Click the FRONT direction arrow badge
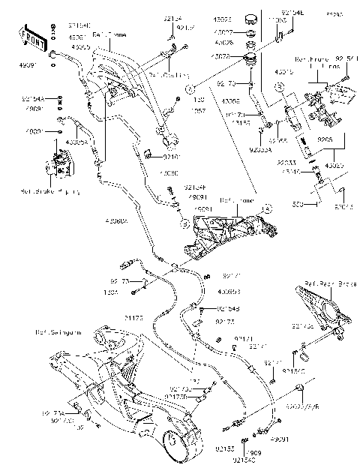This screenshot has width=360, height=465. pyautogui.click(x=28, y=35)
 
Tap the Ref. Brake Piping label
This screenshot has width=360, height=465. pyautogui.click(x=40, y=191)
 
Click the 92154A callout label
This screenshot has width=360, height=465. pyautogui.click(x=33, y=98)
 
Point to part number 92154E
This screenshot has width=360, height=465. pyautogui.click(x=292, y=13)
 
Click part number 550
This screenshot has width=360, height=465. pyautogui.click(x=318, y=203)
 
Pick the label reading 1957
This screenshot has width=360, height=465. pyautogui.click(x=200, y=110)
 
